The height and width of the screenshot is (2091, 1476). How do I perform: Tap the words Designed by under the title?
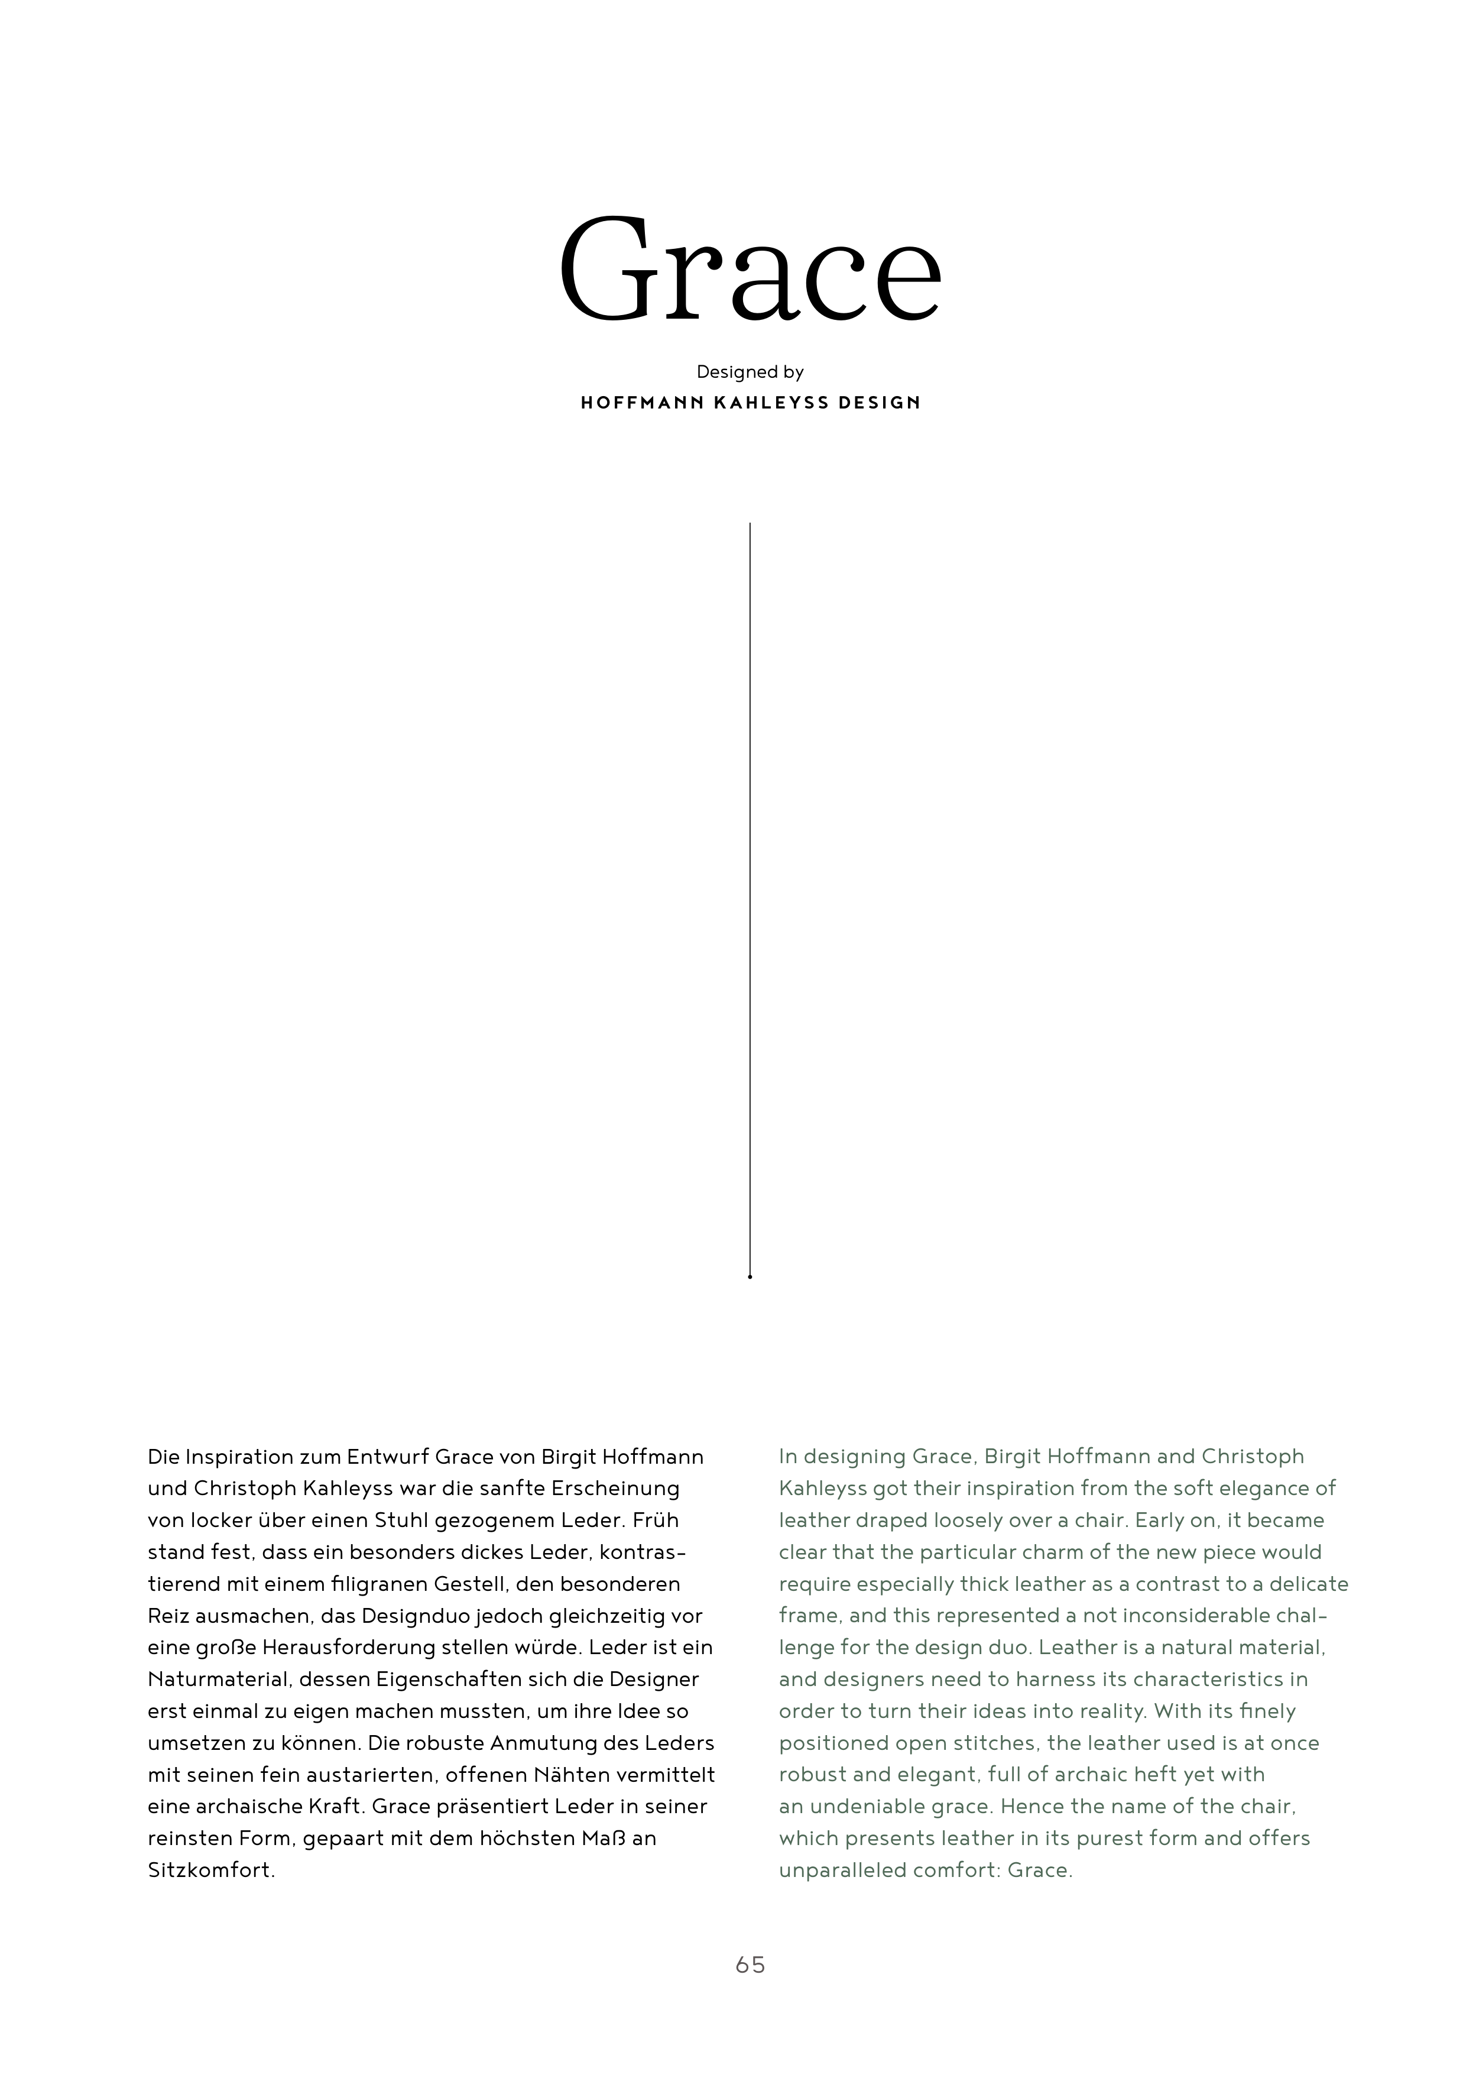click(x=750, y=372)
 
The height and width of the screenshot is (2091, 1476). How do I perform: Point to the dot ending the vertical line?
click(x=750, y=1277)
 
